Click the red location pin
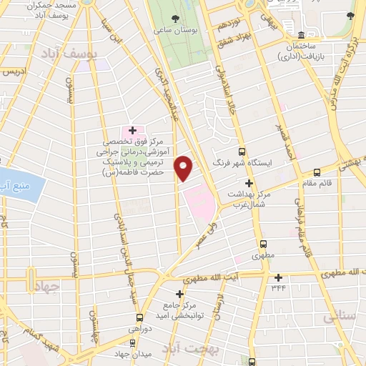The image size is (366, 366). (x=184, y=167)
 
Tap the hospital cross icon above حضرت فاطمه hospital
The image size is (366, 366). (x=132, y=129)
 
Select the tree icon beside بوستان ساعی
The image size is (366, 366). (x=176, y=17)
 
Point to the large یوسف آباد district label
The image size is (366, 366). (x=63, y=54)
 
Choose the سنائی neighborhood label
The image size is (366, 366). (x=339, y=317)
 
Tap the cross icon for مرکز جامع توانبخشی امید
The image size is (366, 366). (x=179, y=293)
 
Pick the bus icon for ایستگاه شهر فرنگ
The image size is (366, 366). (x=242, y=152)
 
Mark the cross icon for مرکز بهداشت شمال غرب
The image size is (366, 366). (x=249, y=182)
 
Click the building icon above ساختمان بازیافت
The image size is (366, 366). (x=302, y=36)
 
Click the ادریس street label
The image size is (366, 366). (x=14, y=72)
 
